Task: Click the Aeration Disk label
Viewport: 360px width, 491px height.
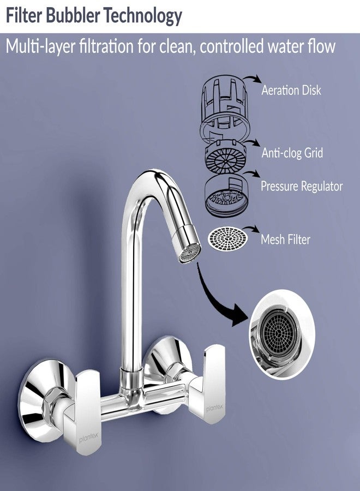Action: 291,90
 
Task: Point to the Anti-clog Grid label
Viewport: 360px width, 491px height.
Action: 292,153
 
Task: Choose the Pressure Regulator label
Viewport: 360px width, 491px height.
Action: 302,187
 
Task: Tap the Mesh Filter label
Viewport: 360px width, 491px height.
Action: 285,239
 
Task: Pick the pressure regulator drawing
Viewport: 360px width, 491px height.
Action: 226,195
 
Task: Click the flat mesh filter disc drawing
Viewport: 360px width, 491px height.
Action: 228,239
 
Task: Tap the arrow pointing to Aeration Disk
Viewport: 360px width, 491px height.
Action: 253,78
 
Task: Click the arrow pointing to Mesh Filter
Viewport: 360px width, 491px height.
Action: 251,229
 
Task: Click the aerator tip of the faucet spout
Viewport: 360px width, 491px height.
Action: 190,253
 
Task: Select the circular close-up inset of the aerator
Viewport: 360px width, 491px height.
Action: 282,334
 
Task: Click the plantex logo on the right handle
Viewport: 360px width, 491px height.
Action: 215,408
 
